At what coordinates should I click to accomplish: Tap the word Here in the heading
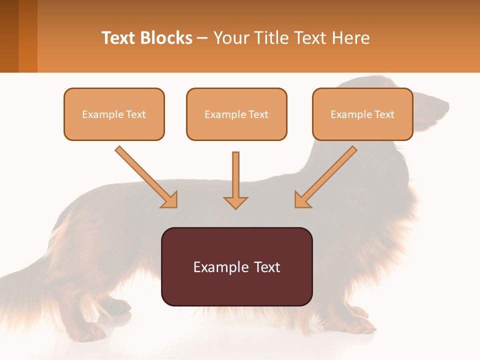click(x=352, y=38)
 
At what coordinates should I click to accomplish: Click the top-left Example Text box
click(x=114, y=114)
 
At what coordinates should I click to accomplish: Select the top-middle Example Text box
click(x=236, y=114)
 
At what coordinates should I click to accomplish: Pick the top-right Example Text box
click(x=362, y=114)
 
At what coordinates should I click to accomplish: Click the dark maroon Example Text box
click(x=236, y=266)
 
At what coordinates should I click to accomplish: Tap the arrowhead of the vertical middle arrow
click(x=235, y=202)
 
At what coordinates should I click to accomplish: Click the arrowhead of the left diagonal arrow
click(x=170, y=200)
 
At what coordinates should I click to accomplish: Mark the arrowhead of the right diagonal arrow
click(x=302, y=200)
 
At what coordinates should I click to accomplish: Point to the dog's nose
click(x=446, y=105)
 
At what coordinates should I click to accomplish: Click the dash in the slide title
click(x=202, y=38)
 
